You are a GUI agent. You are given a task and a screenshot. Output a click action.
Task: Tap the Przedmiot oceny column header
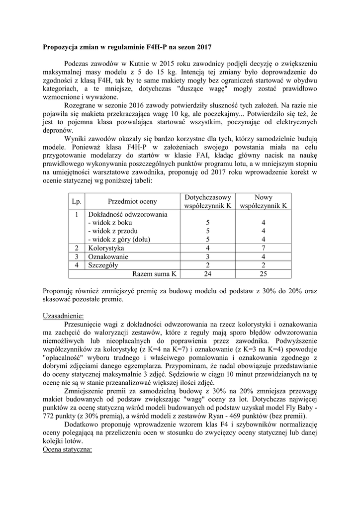coord(132,201)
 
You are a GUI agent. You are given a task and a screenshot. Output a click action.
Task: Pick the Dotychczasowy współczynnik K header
coord(207,201)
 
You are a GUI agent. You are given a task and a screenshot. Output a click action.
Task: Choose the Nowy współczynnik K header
coord(263,201)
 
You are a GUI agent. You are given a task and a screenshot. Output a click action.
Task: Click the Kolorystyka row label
coord(106,248)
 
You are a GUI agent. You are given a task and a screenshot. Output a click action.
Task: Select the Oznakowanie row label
coord(108,256)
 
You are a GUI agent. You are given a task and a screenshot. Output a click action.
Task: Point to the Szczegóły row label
coord(102,265)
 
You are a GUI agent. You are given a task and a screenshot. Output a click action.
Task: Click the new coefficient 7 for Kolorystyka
coord(263,248)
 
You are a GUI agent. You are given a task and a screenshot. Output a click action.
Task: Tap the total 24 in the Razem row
coord(207,274)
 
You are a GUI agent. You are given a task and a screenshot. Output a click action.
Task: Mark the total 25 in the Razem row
coord(263,274)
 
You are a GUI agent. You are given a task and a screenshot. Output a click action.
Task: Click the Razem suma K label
coord(154,274)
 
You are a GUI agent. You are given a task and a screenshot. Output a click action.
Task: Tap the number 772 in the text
coord(48,416)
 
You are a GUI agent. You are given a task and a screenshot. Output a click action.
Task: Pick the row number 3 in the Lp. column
coord(76,256)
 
